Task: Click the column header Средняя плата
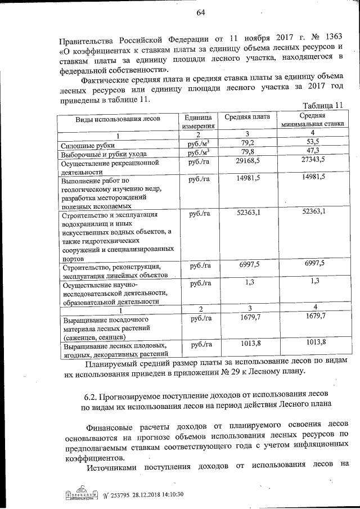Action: coord(247,117)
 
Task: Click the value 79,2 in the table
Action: coord(247,143)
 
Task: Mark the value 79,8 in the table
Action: coord(247,152)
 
